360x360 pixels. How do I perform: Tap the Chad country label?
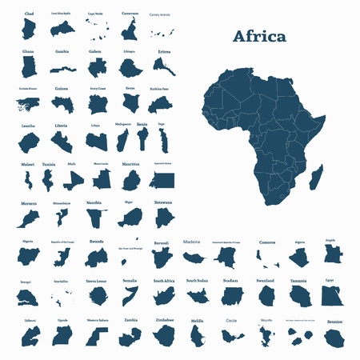click(30, 14)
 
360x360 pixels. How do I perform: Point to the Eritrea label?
click(164, 51)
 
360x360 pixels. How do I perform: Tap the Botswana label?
click(164, 202)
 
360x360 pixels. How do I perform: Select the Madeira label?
click(192, 241)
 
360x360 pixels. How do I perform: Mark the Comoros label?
click(267, 241)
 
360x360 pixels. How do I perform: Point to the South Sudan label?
click(197, 281)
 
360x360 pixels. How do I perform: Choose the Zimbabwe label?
click(164, 320)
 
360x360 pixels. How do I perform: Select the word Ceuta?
click(231, 320)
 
